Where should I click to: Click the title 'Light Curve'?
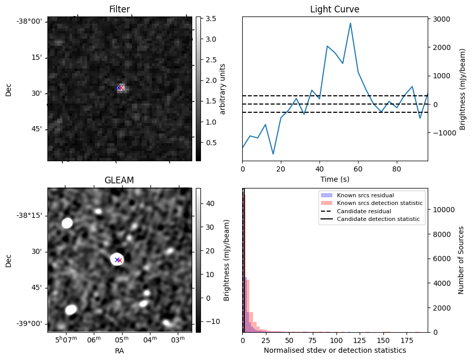(x=334, y=9)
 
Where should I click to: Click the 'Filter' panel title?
(x=120, y=9)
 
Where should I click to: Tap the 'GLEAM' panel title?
(x=120, y=180)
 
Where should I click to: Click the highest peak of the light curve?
(x=350, y=23)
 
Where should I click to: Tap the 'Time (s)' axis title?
(x=334, y=178)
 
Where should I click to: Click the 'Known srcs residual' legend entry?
(x=365, y=196)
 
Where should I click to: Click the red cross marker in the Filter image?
(x=121, y=88)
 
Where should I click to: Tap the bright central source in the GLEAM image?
(x=117, y=260)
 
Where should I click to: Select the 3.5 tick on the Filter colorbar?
(x=211, y=19)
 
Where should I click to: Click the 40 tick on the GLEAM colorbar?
(x=210, y=203)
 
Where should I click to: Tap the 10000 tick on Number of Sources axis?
(x=443, y=210)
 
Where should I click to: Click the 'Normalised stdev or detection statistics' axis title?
(x=334, y=350)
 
